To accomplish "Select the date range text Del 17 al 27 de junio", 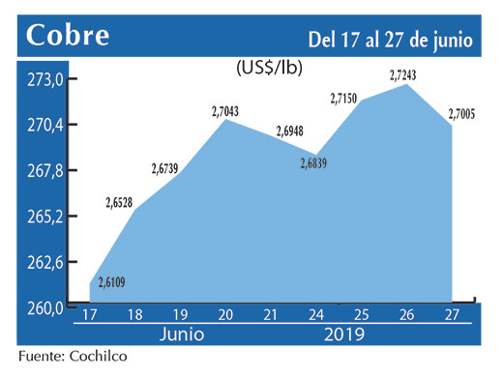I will tap(390, 40).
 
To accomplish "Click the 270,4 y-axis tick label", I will tap(44, 126).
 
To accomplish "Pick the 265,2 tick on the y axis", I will tap(44, 217).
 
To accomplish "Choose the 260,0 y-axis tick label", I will tap(44, 308).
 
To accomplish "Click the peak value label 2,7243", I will tap(407, 75).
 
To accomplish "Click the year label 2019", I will tap(345, 334).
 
